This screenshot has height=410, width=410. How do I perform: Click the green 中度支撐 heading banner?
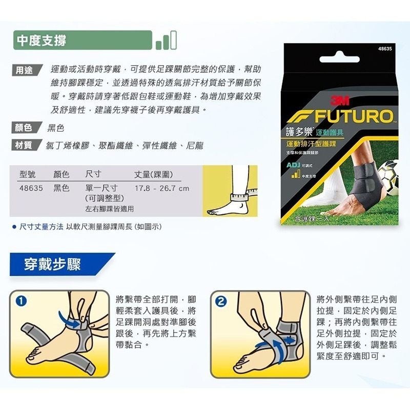tap(82, 40)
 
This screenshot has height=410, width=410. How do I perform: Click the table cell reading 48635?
tap(30, 189)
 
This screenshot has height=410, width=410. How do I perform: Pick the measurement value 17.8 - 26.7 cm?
tap(161, 189)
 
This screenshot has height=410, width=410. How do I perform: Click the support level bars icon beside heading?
tap(166, 40)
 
